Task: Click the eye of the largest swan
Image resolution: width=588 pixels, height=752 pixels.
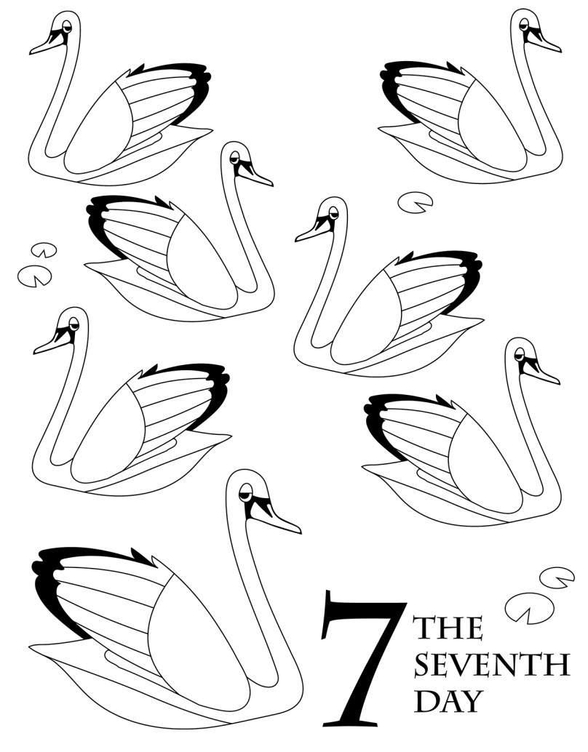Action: (x=245, y=492)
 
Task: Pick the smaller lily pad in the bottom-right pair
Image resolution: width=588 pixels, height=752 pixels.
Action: (x=556, y=577)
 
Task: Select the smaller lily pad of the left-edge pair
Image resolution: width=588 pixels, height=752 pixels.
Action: (x=44, y=250)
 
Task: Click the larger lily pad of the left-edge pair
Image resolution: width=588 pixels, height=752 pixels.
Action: (x=34, y=276)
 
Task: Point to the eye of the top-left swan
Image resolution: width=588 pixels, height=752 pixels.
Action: (x=66, y=26)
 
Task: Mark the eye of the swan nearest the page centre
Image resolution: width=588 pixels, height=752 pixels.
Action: (x=333, y=212)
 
